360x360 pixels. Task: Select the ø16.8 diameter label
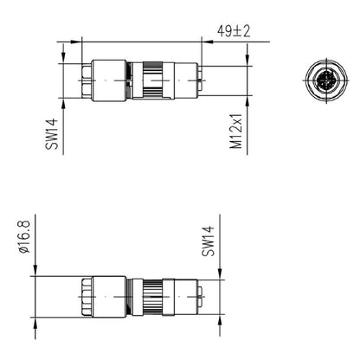pyautogui.click(x=25, y=234)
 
